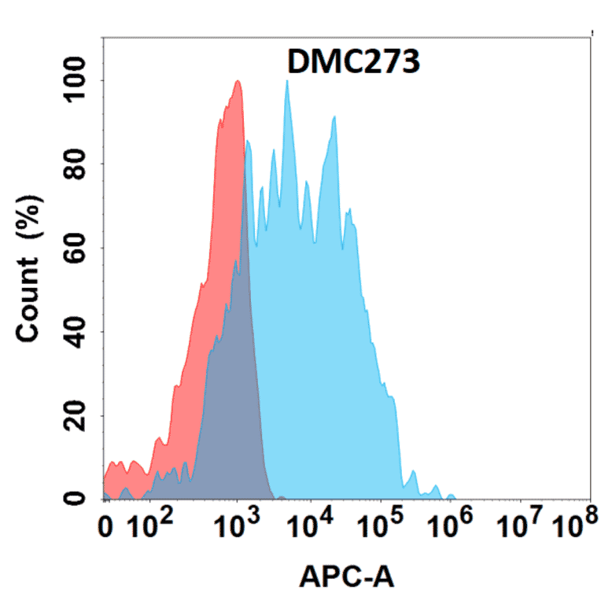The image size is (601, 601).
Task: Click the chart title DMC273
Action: click(x=353, y=61)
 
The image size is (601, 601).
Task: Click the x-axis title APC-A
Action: click(x=346, y=577)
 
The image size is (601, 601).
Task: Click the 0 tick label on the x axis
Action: click(x=108, y=527)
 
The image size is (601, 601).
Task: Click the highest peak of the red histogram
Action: click(x=238, y=81)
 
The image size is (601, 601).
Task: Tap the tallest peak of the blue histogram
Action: click(x=287, y=81)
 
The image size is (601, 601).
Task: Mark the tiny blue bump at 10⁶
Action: click(x=451, y=496)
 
